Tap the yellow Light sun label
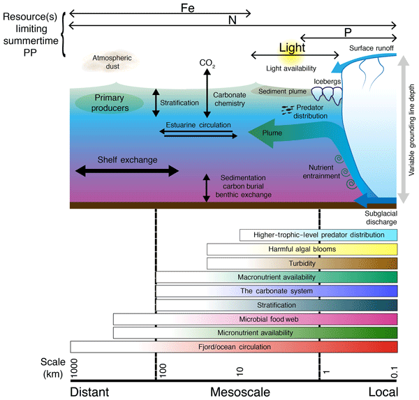point(292,48)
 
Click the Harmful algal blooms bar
point(302,249)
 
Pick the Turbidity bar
point(302,263)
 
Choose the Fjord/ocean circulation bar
point(234,347)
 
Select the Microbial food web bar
point(256,319)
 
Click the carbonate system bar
point(277,291)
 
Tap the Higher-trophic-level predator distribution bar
point(318,235)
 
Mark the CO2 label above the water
point(207,64)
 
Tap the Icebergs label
point(328,82)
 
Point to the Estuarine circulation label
point(198,125)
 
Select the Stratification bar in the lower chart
point(277,305)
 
